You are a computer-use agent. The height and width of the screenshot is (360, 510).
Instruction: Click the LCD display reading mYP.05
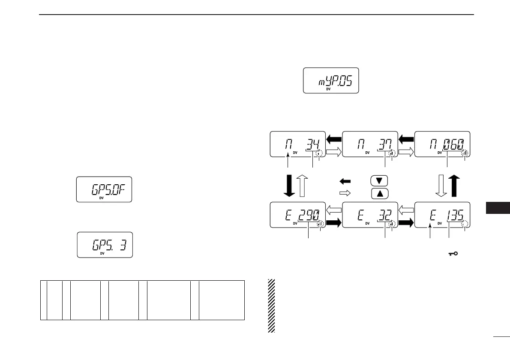point(331,80)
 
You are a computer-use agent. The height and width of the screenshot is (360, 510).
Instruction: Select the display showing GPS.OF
point(104,189)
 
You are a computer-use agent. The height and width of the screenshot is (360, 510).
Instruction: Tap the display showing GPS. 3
point(105,245)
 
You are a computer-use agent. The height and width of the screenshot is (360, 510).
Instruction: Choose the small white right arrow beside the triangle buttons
point(345,193)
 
